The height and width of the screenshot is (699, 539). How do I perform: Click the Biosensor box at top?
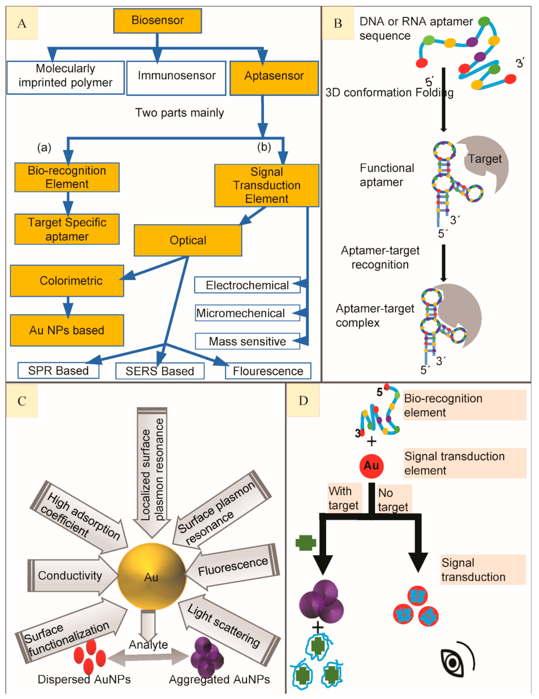point(157,21)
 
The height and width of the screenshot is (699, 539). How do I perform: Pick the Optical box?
point(188,240)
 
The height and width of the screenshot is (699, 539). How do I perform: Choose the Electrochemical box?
point(247,285)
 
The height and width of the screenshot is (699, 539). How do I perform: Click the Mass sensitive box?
point(247,342)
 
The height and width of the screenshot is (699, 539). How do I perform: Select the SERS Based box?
point(160,371)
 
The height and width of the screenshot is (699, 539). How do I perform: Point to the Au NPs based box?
point(67,330)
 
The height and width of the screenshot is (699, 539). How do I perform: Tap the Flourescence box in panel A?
point(268,371)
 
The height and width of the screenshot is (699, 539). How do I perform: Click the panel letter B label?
point(338,23)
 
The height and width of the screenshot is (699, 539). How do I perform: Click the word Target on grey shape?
point(485,159)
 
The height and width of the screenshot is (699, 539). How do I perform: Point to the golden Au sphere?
point(151,576)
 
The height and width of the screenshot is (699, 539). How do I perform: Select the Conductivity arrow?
point(70,576)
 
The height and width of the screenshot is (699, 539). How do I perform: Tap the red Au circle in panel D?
point(371,466)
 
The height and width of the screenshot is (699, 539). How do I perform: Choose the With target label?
point(343,498)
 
